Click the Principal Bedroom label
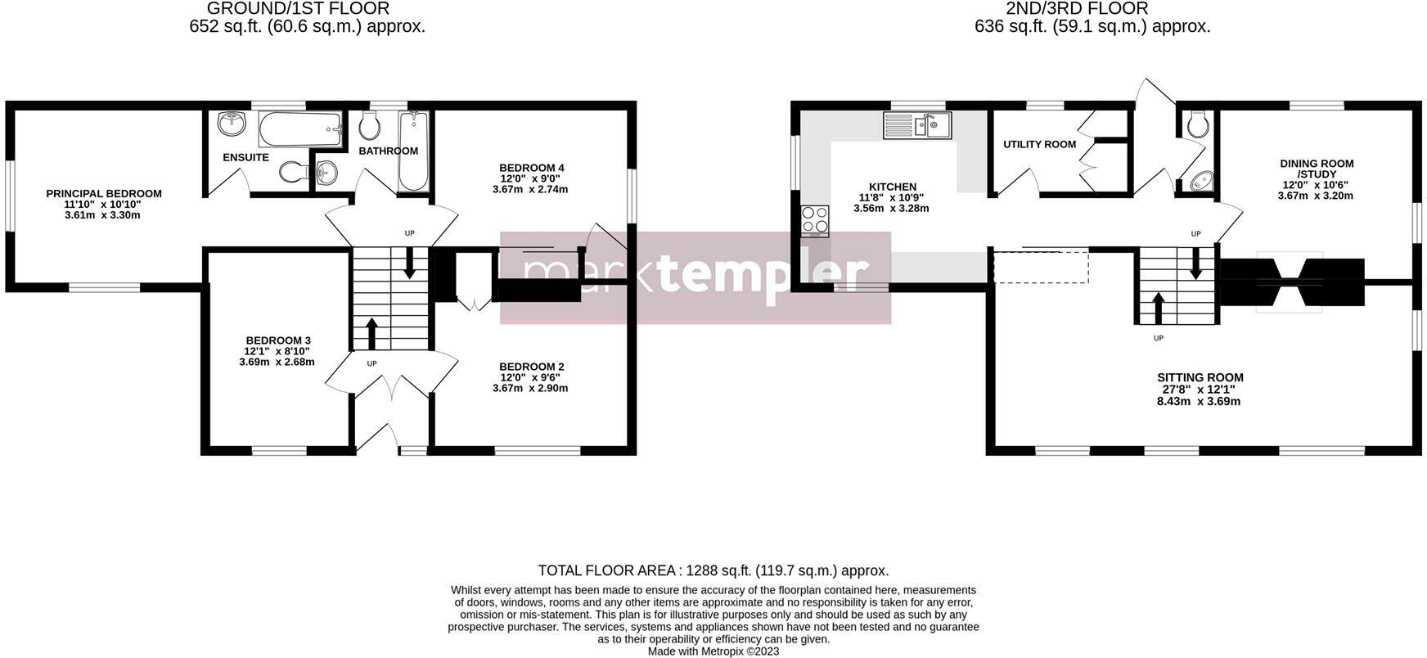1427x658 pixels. click(x=104, y=194)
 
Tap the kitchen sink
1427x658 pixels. click(x=917, y=125)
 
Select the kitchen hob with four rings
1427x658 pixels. click(x=815, y=219)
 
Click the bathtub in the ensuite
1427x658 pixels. click(x=299, y=128)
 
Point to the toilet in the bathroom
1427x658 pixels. click(x=370, y=126)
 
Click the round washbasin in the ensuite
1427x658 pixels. click(x=232, y=124)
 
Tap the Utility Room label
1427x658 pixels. click(x=1039, y=145)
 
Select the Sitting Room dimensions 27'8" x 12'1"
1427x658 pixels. click(x=1200, y=390)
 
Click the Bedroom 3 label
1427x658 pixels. click(x=278, y=340)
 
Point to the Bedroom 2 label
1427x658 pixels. click(x=531, y=367)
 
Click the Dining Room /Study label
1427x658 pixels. click(x=1317, y=169)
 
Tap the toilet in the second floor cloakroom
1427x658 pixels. click(x=1198, y=125)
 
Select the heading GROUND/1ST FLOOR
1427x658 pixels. click(x=298, y=9)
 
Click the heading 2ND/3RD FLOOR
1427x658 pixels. click(x=1077, y=9)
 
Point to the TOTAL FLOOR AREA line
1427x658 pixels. click(x=713, y=570)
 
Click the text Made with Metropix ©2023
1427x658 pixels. click(x=713, y=651)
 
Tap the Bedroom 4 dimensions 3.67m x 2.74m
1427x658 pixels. click(x=530, y=189)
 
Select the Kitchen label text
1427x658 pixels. click(x=892, y=187)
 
